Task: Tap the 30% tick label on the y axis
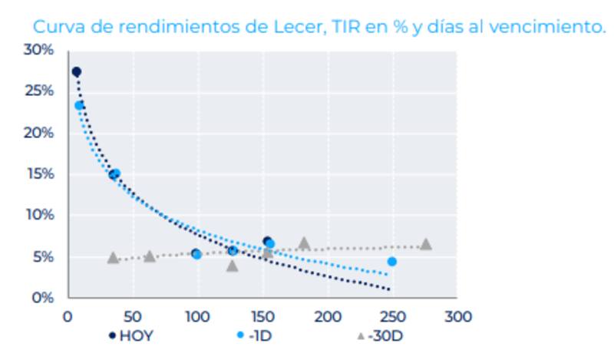(38, 51)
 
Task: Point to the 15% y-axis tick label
(38, 174)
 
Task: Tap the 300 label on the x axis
(460, 316)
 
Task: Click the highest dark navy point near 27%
(76, 72)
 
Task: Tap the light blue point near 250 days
(392, 262)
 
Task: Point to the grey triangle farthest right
(426, 244)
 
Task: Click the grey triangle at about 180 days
(304, 243)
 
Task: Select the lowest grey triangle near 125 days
(233, 266)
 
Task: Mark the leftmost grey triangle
(113, 258)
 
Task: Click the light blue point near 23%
(80, 105)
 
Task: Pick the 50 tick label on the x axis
(132, 316)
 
